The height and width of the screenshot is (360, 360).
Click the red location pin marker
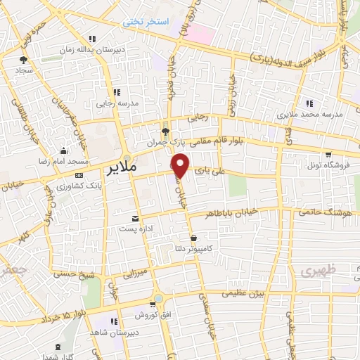[181, 165]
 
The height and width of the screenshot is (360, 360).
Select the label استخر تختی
[147, 22]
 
